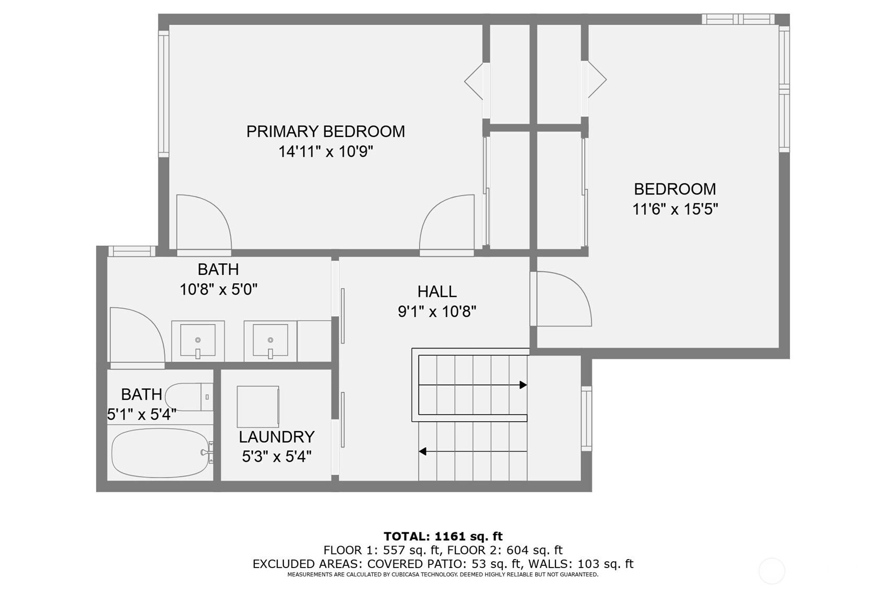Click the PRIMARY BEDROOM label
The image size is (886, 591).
coord(325,132)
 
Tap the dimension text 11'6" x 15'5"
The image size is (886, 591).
coord(675,209)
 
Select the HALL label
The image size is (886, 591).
coord(437,292)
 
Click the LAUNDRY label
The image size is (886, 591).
coord(277,437)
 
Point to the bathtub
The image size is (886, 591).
coord(160,453)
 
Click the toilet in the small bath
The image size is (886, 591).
coord(188,397)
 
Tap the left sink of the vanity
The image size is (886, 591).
coord(198,341)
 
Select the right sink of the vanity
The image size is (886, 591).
coord(270,341)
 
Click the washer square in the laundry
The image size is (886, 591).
coord(258,407)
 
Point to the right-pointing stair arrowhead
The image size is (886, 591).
coord(523,385)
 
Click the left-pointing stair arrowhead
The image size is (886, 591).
coord(422,451)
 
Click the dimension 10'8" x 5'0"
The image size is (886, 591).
coord(218,290)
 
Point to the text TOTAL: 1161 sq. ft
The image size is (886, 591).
coord(443,536)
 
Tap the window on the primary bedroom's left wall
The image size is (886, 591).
coord(163,94)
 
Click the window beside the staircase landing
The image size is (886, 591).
coord(586,419)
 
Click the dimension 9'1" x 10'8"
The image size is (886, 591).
coord(437,312)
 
